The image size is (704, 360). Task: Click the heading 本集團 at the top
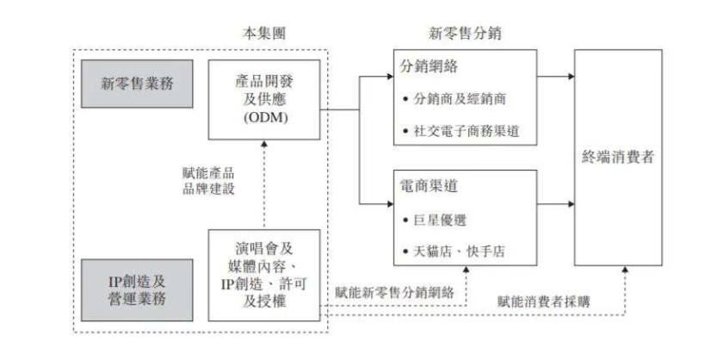click(264, 34)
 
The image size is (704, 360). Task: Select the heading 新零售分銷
click(465, 34)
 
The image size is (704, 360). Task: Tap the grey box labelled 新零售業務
click(137, 84)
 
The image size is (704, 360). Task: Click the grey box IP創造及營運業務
click(137, 290)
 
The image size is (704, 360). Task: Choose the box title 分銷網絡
click(429, 66)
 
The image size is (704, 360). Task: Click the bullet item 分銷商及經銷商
click(454, 99)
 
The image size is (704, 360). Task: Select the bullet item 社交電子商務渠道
click(461, 131)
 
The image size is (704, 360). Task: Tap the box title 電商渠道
click(429, 186)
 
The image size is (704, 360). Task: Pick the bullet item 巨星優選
click(435, 220)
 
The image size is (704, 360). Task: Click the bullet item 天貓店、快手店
click(454, 251)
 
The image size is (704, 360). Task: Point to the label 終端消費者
click(618, 158)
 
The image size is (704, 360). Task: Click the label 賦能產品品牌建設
click(209, 181)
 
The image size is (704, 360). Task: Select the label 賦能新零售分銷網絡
click(395, 293)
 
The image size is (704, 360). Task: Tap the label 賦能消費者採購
click(544, 301)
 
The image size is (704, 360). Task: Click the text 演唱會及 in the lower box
click(264, 249)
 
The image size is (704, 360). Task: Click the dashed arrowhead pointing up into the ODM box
click(264, 144)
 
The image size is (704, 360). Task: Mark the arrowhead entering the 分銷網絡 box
click(390, 77)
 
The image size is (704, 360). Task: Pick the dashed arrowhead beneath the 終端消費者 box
click(625, 270)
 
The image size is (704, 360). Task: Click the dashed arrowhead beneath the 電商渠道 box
click(466, 270)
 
